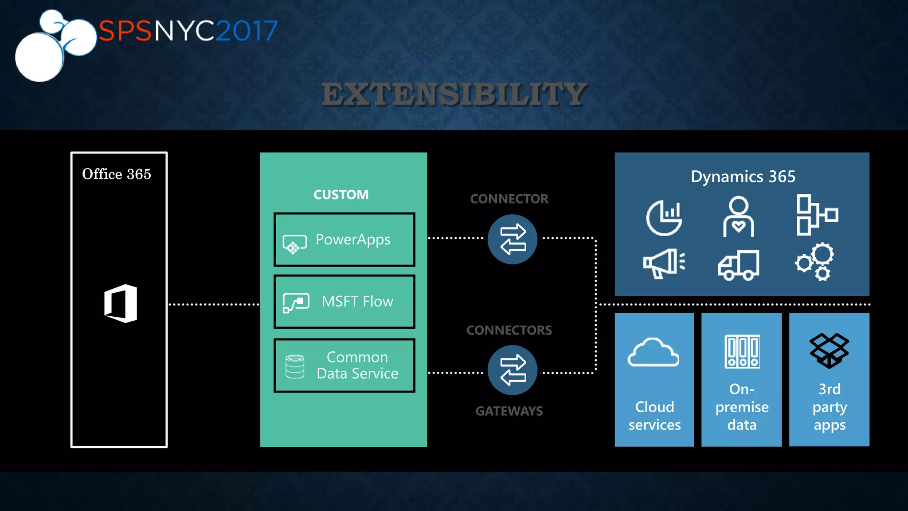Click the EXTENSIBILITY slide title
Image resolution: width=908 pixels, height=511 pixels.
[x=454, y=94]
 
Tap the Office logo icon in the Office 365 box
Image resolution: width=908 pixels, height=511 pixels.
[x=121, y=303]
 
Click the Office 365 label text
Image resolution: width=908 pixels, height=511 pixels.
[x=117, y=174]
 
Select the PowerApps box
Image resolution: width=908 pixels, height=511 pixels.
[x=344, y=240]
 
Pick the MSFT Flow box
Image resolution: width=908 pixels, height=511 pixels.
[x=344, y=302]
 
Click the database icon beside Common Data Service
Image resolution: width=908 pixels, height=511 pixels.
[x=295, y=366]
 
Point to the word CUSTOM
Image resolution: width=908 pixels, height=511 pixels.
[x=341, y=194]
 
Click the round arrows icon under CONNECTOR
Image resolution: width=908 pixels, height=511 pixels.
[x=513, y=240]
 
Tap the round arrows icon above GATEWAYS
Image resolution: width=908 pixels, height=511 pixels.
[x=513, y=370]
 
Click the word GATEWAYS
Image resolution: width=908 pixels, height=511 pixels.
[x=509, y=411]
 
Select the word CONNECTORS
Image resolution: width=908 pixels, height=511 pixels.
[x=509, y=330]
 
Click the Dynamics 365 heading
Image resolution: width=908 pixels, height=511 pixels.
[x=743, y=177]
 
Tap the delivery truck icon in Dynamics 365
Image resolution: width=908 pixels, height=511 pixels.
[x=738, y=265]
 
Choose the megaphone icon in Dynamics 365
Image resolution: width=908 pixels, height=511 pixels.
[x=664, y=263]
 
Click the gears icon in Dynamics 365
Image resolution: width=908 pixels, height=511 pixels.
[x=815, y=262]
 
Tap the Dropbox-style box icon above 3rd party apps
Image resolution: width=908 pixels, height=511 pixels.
[x=829, y=350]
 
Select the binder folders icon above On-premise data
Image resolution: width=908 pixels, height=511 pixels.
[x=742, y=351]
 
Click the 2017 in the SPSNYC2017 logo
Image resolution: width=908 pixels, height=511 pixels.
[x=247, y=31]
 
